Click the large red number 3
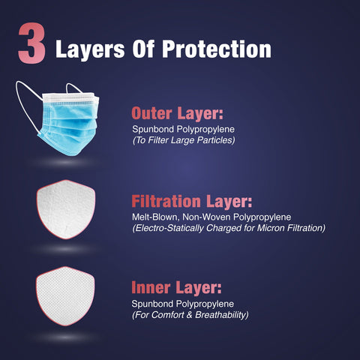[31, 43]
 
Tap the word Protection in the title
[217, 49]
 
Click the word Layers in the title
[90, 49]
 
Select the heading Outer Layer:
[177, 113]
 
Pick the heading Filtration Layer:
[192, 202]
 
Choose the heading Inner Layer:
[176, 287]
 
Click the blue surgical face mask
[58, 118]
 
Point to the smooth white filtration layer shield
[66, 209]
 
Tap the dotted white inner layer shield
[65, 296]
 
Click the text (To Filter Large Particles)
[184, 140]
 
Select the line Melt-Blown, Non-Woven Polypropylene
[211, 217]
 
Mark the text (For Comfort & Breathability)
[190, 315]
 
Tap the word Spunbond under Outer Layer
[153, 130]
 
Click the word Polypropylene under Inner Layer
[205, 304]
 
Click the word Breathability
[220, 315]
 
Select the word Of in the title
[143, 49]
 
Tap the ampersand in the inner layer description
[190, 315]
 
